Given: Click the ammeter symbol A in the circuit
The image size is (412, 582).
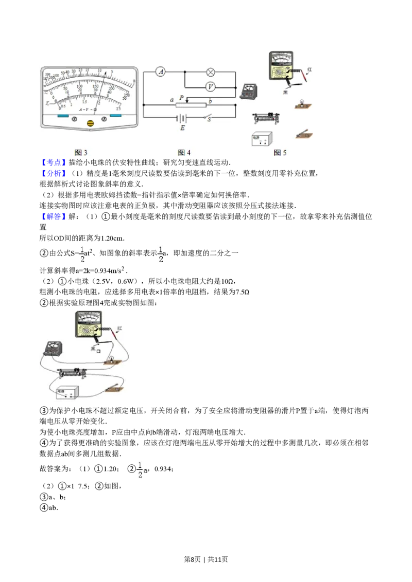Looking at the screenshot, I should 161,72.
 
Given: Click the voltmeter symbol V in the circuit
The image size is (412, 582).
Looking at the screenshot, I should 210,87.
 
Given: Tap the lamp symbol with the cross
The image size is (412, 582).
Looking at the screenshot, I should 210,72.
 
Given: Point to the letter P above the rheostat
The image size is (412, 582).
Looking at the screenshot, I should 181,97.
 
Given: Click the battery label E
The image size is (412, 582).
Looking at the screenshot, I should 182,128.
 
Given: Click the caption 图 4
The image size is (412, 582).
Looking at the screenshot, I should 184,153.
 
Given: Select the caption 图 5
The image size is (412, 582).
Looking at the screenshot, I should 280,153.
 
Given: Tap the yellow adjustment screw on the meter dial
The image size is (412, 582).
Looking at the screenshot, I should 91,123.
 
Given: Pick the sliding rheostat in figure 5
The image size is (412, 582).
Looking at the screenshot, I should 266,118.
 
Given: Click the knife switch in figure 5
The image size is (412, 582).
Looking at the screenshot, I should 303,134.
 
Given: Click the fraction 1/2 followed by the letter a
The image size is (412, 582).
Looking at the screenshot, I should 142,468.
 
